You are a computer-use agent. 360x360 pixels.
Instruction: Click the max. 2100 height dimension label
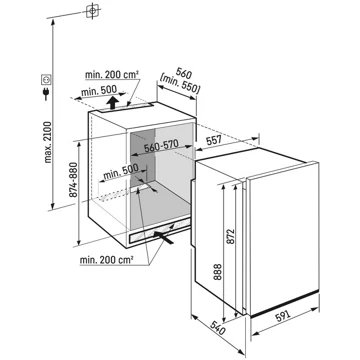tap(48, 142)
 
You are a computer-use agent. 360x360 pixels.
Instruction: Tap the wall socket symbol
tap(46, 79)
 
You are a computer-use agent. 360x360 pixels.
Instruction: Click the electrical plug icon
tap(46, 93)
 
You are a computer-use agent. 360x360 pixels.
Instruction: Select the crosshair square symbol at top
tap(92, 11)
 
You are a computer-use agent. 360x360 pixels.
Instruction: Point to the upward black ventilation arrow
tap(113, 102)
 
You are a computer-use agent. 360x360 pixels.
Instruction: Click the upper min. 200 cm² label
tap(112, 75)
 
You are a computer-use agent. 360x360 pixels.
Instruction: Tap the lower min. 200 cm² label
tap(107, 260)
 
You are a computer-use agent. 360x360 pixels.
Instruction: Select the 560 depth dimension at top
tap(182, 73)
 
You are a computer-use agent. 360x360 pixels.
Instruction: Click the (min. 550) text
tap(180, 84)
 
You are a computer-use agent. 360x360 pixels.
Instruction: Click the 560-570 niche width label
tap(161, 147)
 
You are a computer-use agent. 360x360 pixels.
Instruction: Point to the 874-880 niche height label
tap(73, 180)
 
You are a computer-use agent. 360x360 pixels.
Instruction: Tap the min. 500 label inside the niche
tap(121, 172)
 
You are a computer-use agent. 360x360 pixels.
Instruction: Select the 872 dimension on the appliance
tap(231, 236)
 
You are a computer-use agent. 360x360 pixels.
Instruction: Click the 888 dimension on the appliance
tap(218, 272)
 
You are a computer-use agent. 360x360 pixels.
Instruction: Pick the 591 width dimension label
tap(282, 316)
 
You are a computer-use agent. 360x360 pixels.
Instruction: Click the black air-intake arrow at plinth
tap(164, 238)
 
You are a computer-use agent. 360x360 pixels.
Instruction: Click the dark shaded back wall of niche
tap(143, 157)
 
